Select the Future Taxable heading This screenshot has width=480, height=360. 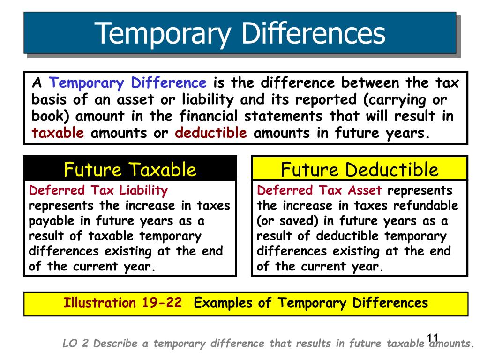[x=130, y=169]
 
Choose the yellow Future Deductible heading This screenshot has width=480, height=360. [x=360, y=169]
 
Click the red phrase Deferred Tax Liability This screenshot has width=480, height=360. [x=98, y=190]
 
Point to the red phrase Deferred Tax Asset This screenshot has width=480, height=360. [x=320, y=190]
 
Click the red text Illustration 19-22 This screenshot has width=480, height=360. [x=123, y=303]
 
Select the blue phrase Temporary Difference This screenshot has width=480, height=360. [x=128, y=83]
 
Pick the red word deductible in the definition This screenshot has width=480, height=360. [x=211, y=133]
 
